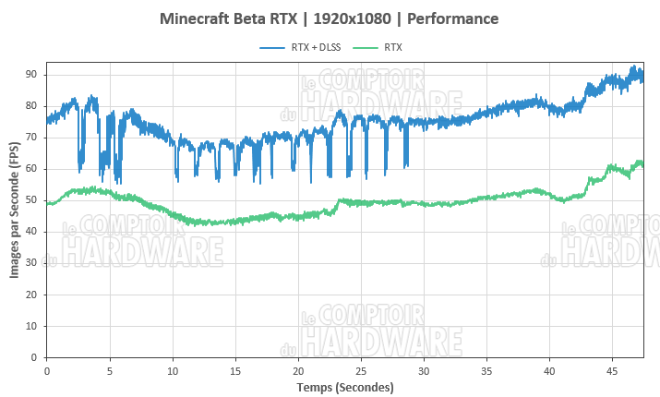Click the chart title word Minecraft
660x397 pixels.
click(x=198, y=18)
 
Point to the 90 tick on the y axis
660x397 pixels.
click(x=30, y=74)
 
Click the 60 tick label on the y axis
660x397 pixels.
click(x=30, y=169)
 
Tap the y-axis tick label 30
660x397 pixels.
click(x=30, y=263)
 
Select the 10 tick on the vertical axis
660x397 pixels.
click(x=30, y=326)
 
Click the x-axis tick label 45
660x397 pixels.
click(x=611, y=369)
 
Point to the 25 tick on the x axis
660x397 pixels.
click(x=360, y=369)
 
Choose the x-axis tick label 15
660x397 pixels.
click(x=234, y=369)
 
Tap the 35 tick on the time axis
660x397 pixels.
click(x=486, y=369)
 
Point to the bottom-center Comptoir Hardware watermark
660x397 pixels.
click(x=381, y=331)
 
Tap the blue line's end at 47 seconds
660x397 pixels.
click(x=642, y=78)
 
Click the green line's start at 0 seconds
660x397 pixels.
click(x=47, y=203)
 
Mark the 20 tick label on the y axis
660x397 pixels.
click(x=30, y=295)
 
